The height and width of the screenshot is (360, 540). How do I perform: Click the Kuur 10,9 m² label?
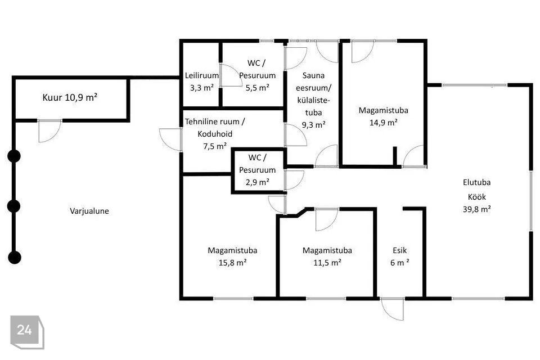pyautogui.click(x=70, y=97)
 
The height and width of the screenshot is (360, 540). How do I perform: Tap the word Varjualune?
pyautogui.click(x=89, y=211)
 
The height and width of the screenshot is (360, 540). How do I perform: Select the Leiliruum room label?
pyautogui.click(x=202, y=75)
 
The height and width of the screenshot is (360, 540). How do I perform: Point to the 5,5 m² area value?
pyautogui.click(x=257, y=88)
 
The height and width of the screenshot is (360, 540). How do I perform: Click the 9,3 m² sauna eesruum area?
pyautogui.click(x=313, y=125)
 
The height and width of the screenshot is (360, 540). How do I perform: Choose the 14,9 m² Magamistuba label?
pyautogui.click(x=383, y=116)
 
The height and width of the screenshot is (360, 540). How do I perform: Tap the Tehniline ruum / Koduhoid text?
pyautogui.click(x=215, y=128)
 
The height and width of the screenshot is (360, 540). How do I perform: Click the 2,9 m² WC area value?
pyautogui.click(x=257, y=182)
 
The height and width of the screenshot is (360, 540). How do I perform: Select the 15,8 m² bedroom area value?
pyautogui.click(x=232, y=263)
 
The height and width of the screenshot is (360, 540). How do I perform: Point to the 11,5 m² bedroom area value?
pyautogui.click(x=327, y=263)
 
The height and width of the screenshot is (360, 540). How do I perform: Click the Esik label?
pyautogui.click(x=399, y=250)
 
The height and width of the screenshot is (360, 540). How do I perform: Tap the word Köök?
pyautogui.click(x=476, y=197)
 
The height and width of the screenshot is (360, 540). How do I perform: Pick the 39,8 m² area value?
pyautogui.click(x=476, y=209)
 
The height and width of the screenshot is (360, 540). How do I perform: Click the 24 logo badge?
pyautogui.click(x=27, y=332)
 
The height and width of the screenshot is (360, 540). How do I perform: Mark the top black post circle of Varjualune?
pyautogui.click(x=14, y=156)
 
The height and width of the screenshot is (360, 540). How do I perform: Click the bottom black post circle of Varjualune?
pyautogui.click(x=15, y=257)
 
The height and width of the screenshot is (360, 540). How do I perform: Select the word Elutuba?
pyautogui.click(x=476, y=182)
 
